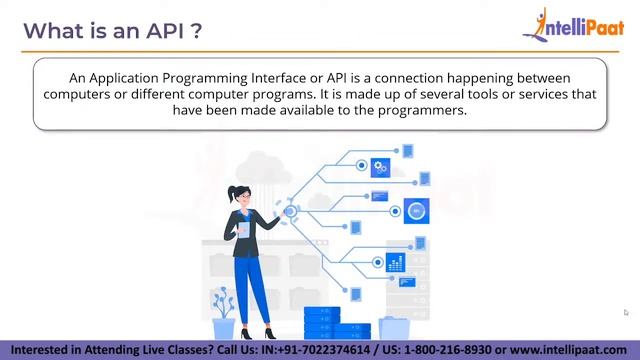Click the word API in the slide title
161,31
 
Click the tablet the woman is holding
242,229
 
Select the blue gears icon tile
380,167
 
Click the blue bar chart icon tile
396,263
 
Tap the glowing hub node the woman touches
291,211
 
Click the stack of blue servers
336,323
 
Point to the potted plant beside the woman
223,312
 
